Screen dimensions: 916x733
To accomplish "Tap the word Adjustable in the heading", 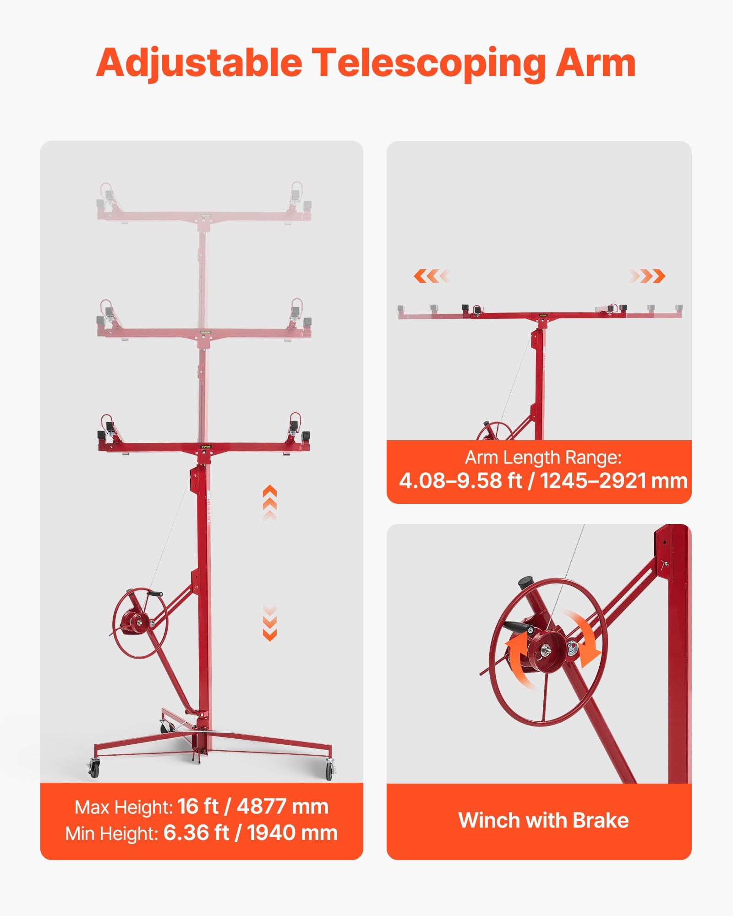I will click(x=199, y=64).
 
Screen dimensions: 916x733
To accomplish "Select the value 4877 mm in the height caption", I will click(x=283, y=807).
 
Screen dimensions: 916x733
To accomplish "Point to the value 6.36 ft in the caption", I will click(x=196, y=833).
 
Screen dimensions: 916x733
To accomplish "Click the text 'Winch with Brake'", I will click(x=543, y=820).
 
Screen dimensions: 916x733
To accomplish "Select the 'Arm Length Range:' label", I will click(x=543, y=458).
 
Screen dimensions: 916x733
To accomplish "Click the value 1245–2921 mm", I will click(x=614, y=480).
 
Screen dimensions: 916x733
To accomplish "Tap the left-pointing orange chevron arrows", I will click(x=432, y=276).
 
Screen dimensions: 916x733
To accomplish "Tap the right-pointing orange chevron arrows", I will click(x=647, y=276).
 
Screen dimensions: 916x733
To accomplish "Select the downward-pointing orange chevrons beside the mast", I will click(x=270, y=623).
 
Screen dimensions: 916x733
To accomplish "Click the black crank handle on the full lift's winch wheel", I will click(x=155, y=594).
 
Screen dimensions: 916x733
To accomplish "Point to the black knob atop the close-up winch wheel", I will click(x=526, y=583).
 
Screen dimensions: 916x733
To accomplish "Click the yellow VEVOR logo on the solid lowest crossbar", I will click(x=206, y=447).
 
